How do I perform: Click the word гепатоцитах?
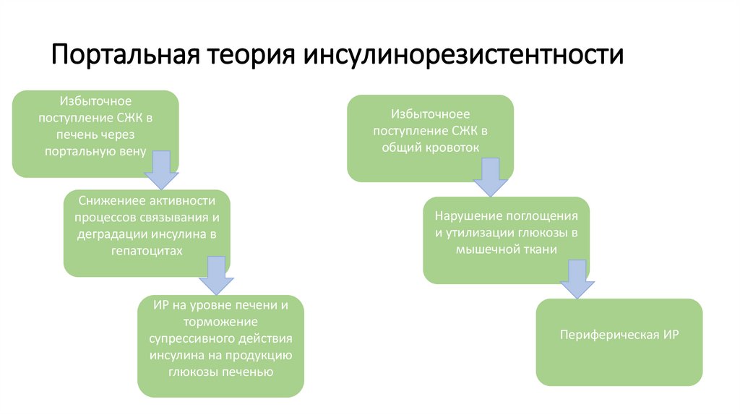[147, 250]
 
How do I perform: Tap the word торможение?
[220, 322]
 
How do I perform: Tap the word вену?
[133, 151]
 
